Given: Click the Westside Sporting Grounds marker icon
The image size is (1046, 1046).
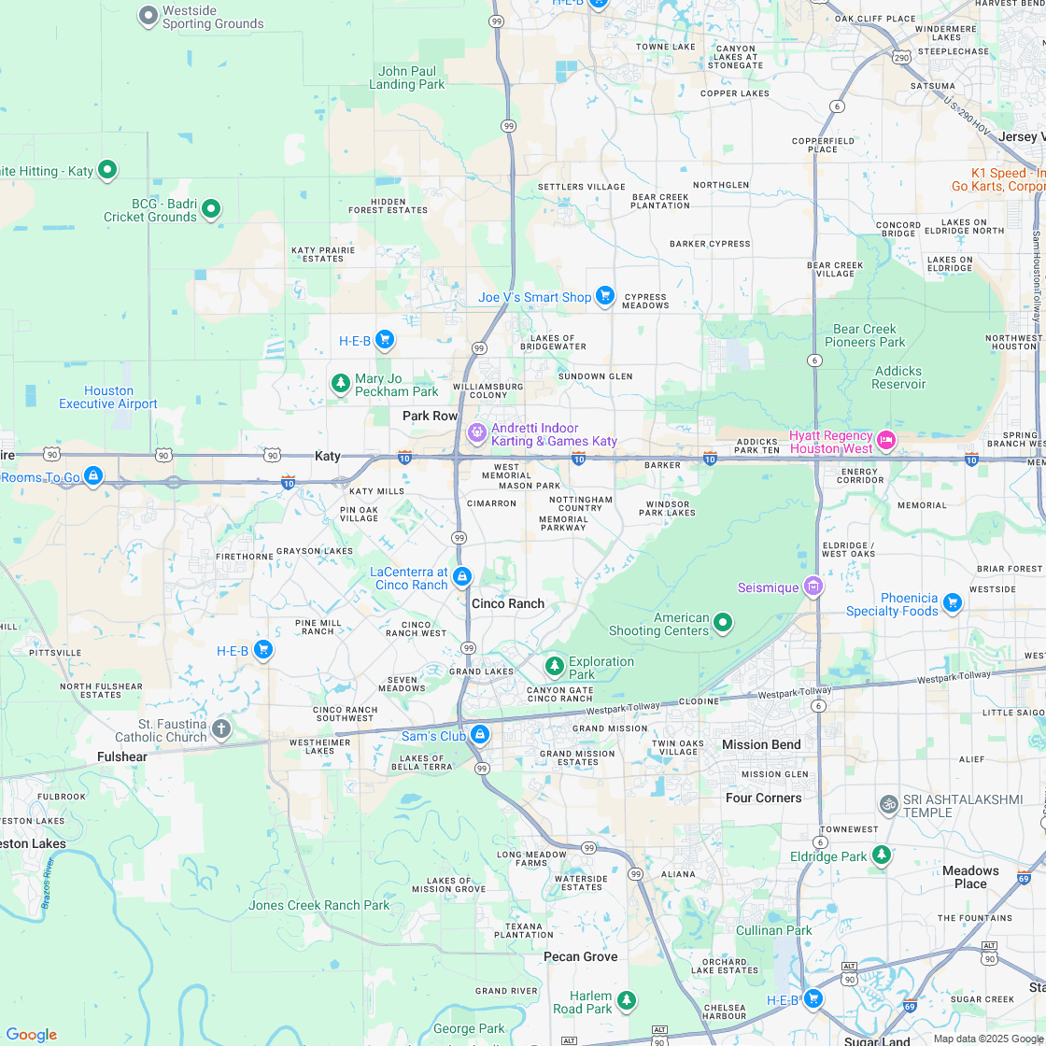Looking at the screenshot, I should pos(148,15).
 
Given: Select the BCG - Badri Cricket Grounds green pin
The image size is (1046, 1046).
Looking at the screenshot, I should pos(211,208).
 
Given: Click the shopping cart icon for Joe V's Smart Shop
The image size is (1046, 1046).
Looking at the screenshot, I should pos(605,296).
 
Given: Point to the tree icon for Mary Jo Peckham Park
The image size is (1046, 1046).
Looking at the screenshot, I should pos(341,383).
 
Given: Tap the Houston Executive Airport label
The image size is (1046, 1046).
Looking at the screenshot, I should pos(108,398).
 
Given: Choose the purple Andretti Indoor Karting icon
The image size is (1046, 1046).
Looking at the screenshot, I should pos(477,433).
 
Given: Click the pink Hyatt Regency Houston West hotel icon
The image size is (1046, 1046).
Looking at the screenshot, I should pos(886,440).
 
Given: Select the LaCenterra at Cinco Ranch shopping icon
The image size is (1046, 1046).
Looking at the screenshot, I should pos(461,577).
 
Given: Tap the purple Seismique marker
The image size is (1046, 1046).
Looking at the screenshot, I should pos(813,587).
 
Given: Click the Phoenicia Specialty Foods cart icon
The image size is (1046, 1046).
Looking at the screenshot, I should pos(952,602).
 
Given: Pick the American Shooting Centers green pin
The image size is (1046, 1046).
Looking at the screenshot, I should pos(723,622).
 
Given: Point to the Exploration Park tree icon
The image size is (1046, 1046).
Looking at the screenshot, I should pos(555,665).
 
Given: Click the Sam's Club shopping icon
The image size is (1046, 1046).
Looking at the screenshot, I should pos(480,734).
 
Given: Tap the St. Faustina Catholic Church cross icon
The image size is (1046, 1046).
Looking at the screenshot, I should pos(220,728).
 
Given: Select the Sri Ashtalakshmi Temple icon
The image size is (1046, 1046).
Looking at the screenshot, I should pos(889,803).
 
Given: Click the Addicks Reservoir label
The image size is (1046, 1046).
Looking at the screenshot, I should pos(898,377).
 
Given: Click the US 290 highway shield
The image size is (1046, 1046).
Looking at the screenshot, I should pos(901,58).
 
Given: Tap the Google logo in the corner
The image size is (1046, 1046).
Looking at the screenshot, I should pos(31,1034).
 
